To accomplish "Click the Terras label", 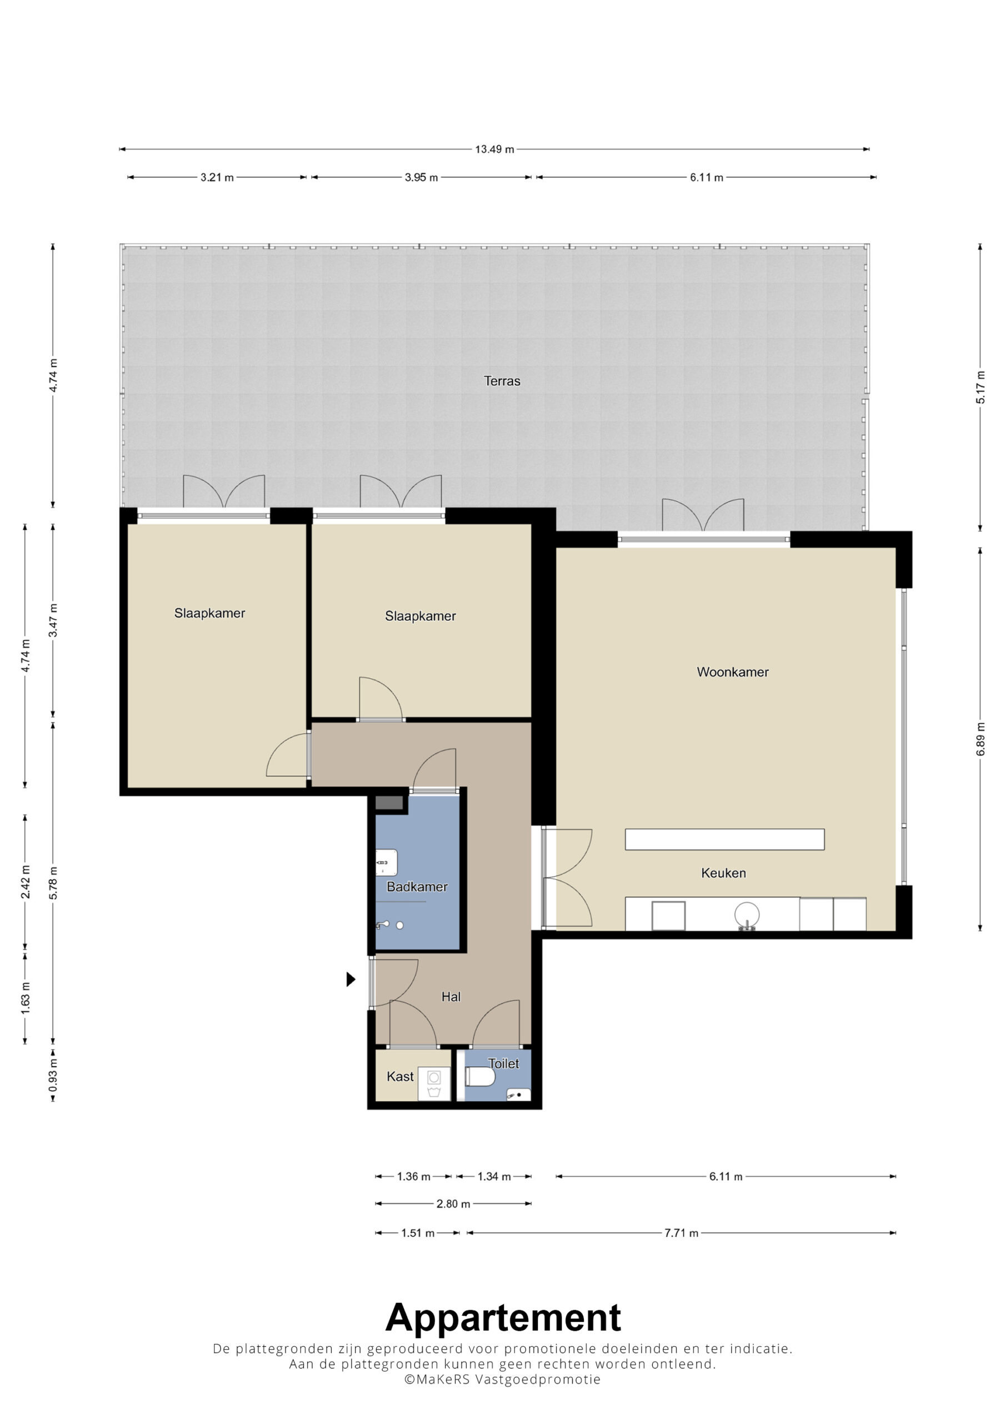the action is point(502,381).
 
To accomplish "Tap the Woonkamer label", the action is point(732,673).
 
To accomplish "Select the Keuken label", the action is point(723,873).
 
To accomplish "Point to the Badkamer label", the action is point(417,887).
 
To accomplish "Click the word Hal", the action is point(451,997).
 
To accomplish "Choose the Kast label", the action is point(399,1077).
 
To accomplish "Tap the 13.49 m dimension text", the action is point(494,150).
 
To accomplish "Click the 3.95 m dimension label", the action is point(421,177).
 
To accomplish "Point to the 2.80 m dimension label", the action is point(453,1203).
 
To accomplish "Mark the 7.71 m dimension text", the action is point(681,1233).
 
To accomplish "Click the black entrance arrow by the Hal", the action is point(351,979).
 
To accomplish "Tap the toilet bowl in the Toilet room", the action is point(480,1077).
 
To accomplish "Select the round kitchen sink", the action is point(747,914).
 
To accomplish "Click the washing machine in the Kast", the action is point(434,1083).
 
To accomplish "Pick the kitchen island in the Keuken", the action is point(724,839).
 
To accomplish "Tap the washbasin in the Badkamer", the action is point(386,863).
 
